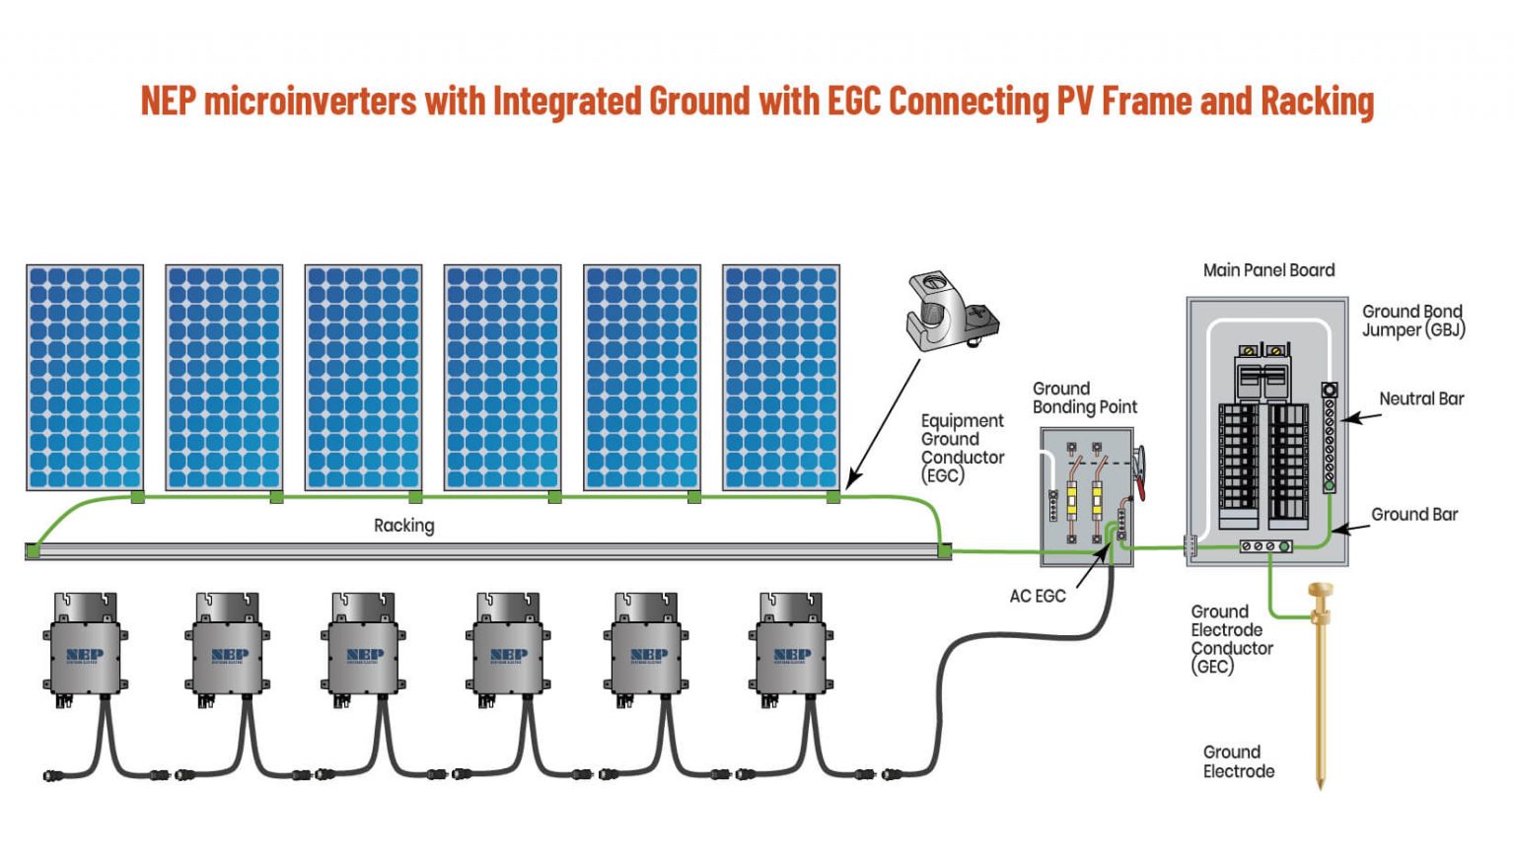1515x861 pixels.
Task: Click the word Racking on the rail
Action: [x=403, y=526]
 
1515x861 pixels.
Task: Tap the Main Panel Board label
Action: [x=1268, y=270]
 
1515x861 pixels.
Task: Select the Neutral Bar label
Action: [x=1420, y=398]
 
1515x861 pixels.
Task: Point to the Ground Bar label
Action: [x=1413, y=514]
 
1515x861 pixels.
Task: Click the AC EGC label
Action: [x=1037, y=596]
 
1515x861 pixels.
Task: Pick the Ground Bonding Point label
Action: [x=1084, y=397]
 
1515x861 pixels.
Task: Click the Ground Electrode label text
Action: [x=1238, y=761]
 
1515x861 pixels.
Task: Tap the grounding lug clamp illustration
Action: [x=951, y=313]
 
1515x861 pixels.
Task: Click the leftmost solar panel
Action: [x=85, y=377]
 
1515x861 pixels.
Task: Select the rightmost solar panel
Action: [x=781, y=377]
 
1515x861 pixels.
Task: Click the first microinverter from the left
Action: [x=85, y=646]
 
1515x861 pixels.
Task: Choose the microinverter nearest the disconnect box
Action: [x=791, y=646]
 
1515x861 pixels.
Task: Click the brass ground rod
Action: [x=1320, y=690]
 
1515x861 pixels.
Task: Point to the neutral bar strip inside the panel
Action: [x=1329, y=439]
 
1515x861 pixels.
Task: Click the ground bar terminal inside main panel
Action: [x=1265, y=545]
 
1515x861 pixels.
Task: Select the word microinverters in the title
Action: [x=310, y=101]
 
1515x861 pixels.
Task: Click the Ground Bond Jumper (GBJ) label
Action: [x=1412, y=321]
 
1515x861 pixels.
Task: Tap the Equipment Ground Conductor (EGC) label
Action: [x=962, y=448]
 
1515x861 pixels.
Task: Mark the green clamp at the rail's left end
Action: [x=33, y=550]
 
